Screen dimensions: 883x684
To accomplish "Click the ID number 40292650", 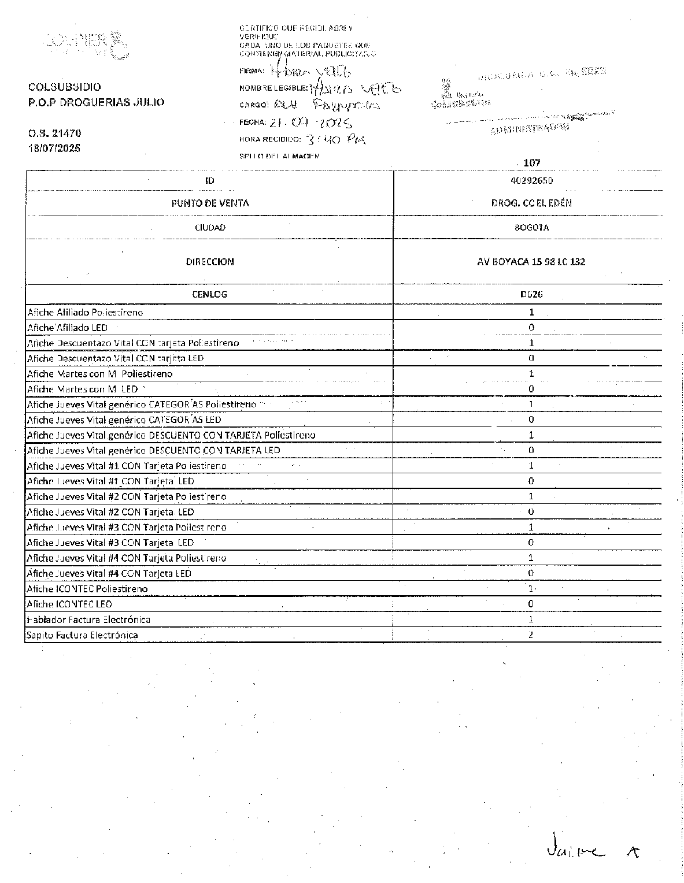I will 531,180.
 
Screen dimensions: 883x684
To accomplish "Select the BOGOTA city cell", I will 531,228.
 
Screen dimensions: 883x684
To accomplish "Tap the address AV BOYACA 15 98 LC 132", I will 531,262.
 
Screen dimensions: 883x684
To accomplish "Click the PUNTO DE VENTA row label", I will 210,203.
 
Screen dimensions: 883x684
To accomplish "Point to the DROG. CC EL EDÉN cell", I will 531,203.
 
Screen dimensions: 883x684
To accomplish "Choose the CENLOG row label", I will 209,294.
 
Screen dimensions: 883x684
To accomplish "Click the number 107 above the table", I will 531,163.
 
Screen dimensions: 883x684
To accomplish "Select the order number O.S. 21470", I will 54,133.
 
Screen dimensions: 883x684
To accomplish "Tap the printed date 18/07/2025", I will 54,148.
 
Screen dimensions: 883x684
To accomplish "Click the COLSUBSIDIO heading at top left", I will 64,87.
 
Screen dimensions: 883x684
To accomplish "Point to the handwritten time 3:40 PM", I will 335,139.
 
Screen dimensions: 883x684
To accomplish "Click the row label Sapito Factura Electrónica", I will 82,635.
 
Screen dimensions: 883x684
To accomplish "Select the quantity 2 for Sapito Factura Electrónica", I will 531,635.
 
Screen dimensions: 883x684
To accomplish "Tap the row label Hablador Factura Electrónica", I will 88,619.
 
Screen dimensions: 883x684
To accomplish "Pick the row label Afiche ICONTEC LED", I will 69,604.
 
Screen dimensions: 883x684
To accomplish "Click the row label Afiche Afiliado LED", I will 67,328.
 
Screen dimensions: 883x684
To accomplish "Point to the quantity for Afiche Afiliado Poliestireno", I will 531,312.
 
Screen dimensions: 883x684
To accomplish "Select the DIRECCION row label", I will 210,262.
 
